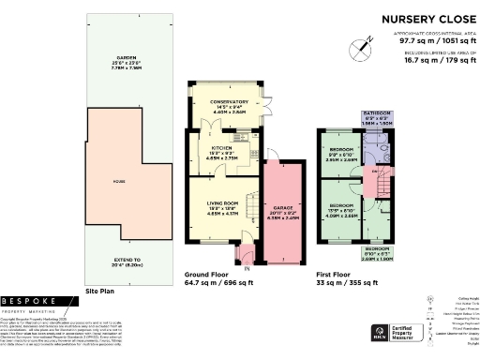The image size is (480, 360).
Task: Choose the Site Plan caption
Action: click(99, 292)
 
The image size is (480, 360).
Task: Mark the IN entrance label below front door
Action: click(247, 269)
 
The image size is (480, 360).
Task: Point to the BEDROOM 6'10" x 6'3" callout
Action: click(377, 252)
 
